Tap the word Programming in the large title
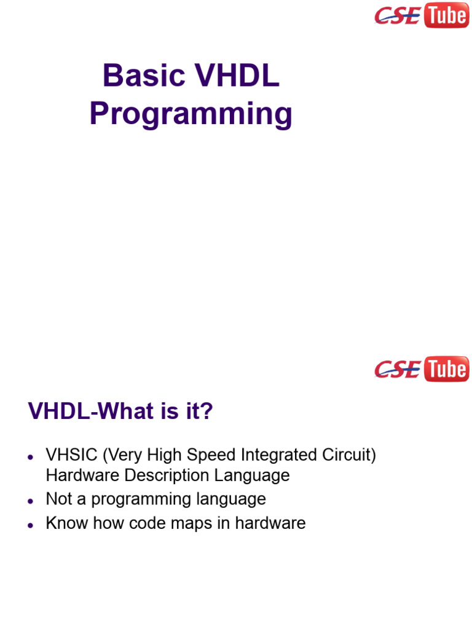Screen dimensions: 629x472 tap(191, 114)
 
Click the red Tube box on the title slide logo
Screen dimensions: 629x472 tap(446, 15)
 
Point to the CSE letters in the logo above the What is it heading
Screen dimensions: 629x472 tap(398, 370)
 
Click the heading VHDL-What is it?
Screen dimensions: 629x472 tap(120, 412)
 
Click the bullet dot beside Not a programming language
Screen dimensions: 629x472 tap(30, 501)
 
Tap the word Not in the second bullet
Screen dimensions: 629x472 tap(59, 499)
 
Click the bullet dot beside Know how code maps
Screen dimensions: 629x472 tap(30, 525)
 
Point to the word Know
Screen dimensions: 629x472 tap(65, 523)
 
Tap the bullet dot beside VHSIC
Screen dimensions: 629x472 tap(30, 457)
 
